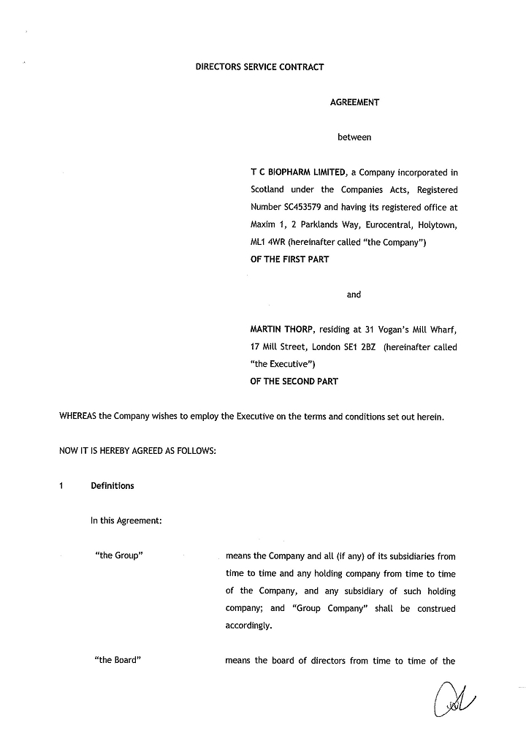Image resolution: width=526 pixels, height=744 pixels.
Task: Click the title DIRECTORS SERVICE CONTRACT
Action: pyautogui.click(x=259, y=67)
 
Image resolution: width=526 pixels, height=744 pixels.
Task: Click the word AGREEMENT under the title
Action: pyautogui.click(x=354, y=102)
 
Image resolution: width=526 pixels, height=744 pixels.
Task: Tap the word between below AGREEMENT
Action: pyautogui.click(x=354, y=137)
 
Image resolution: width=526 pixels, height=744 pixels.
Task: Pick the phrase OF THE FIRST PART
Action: pyautogui.click(x=289, y=259)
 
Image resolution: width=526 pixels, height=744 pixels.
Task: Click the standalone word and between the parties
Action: pyautogui.click(x=354, y=295)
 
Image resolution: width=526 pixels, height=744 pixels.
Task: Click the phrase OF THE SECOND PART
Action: pyautogui.click(x=294, y=381)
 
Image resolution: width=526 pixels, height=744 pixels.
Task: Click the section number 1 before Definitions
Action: pyautogui.click(x=62, y=486)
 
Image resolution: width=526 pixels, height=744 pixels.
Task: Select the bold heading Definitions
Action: pyautogui.click(x=113, y=486)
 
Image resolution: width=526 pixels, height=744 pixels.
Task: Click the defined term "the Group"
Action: pyautogui.click(x=118, y=555)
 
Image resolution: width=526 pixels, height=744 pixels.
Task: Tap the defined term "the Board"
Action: pyautogui.click(x=118, y=661)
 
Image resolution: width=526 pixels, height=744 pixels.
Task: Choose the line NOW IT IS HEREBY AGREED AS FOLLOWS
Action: pyautogui.click(x=137, y=451)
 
